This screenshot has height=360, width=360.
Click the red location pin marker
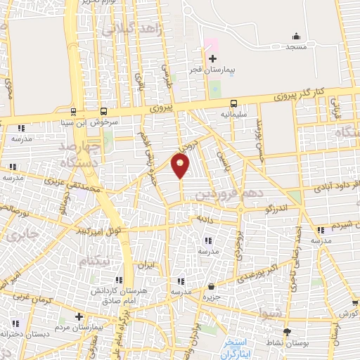[181, 166]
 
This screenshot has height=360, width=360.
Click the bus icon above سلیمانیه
[234, 101]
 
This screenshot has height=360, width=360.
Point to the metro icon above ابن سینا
[73, 111]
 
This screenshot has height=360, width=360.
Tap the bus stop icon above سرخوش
[104, 111]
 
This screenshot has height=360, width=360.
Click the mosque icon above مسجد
[297, 36]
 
